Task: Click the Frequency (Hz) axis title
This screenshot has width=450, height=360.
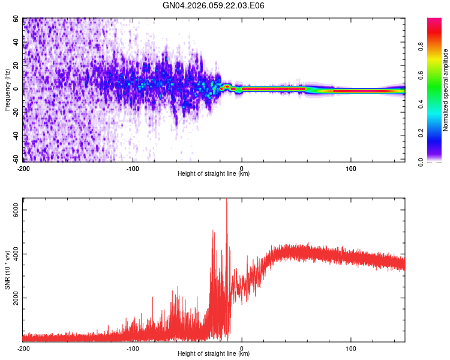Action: (x=7, y=90)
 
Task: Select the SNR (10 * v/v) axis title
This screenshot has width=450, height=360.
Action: (x=7, y=270)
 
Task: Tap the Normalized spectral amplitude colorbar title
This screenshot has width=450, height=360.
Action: (x=445, y=90)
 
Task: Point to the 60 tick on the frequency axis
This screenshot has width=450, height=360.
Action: (x=16, y=19)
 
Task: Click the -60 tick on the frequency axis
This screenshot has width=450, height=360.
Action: (x=15, y=159)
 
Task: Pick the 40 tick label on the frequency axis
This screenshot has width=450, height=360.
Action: (x=16, y=43)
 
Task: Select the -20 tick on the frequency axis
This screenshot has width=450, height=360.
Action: (x=15, y=112)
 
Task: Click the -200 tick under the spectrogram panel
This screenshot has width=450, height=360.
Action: (x=23, y=169)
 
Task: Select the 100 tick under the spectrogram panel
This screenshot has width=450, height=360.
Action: (x=351, y=169)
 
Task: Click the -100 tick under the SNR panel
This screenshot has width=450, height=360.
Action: (x=133, y=349)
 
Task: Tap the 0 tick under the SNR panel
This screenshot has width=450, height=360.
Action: (x=242, y=349)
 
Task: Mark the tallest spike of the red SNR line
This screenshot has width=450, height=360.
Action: (x=226, y=201)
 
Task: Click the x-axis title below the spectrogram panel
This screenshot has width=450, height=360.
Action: (x=214, y=174)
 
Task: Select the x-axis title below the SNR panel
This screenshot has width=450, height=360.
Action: (x=214, y=354)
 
